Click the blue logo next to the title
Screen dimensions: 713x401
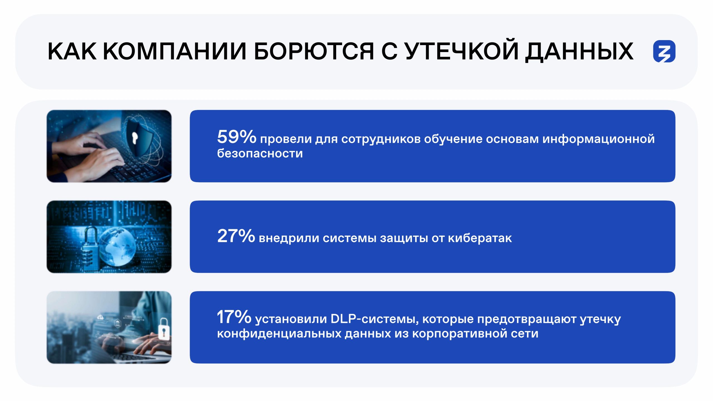(664, 51)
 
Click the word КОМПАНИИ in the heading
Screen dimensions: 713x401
(175, 51)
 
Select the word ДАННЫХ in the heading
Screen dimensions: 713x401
(579, 52)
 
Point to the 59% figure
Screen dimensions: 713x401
(236, 137)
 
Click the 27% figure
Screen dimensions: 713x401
(236, 236)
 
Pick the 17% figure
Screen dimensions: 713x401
(234, 317)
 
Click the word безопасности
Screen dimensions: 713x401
(260, 153)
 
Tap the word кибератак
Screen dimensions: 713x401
(480, 238)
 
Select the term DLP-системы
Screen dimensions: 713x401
(375, 319)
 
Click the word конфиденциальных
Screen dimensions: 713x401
(279, 334)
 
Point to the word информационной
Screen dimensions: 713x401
(599, 139)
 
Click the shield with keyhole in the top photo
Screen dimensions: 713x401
(139, 136)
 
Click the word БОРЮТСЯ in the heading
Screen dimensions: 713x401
(314, 51)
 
